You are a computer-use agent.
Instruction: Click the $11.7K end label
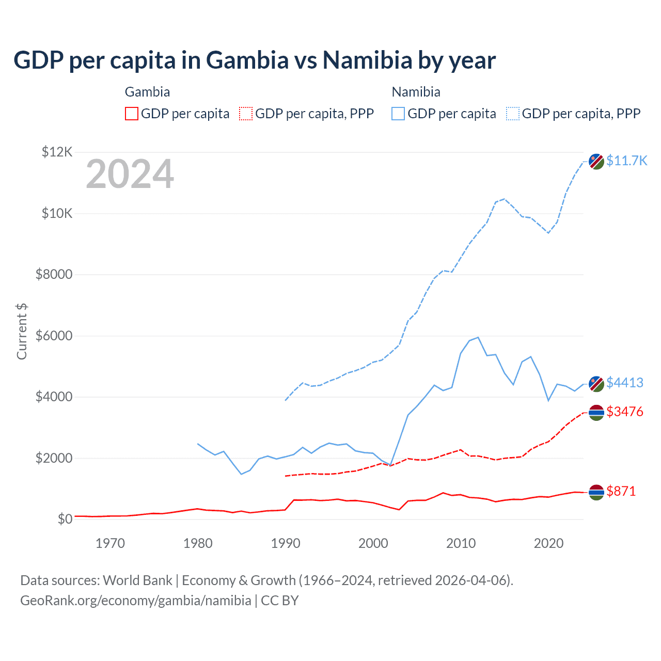(x=626, y=161)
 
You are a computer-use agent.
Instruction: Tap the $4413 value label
(x=625, y=383)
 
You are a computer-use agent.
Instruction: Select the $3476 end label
(x=625, y=412)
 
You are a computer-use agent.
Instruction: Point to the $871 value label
(x=621, y=491)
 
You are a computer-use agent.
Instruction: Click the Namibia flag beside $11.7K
(x=596, y=161)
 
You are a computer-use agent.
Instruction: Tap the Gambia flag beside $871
(x=596, y=492)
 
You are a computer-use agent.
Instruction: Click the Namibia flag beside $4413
(x=596, y=384)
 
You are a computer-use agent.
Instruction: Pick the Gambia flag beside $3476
(x=596, y=413)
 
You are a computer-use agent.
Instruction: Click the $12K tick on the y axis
(x=57, y=152)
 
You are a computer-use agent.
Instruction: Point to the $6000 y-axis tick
(x=54, y=336)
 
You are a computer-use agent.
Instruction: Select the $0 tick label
(x=65, y=519)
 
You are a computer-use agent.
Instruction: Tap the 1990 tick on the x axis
(x=286, y=543)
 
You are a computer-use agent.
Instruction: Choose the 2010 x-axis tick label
(x=461, y=543)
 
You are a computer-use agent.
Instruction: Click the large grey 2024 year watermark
(x=130, y=174)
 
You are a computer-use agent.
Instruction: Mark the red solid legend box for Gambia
(x=132, y=114)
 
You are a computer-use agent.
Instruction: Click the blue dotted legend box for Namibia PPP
(x=513, y=114)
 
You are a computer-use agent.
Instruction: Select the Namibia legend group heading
(x=416, y=92)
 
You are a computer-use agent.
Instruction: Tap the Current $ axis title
(x=22, y=332)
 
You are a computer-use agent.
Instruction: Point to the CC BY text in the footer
(x=280, y=601)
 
